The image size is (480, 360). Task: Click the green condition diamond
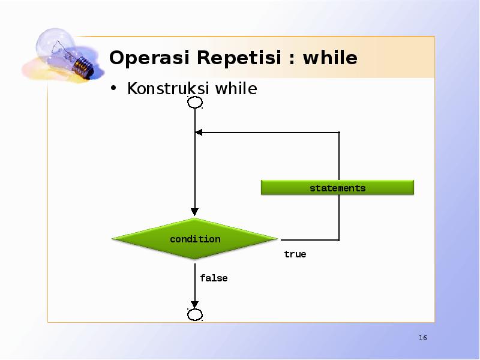(x=195, y=239)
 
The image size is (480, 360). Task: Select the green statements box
(x=337, y=188)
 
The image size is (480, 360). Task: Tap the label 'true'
(x=295, y=254)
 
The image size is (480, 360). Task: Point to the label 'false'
(x=214, y=278)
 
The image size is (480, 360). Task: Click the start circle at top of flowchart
(x=195, y=103)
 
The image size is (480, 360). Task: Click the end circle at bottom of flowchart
(x=195, y=315)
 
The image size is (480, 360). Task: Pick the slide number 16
(x=422, y=338)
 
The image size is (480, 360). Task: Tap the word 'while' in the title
(x=330, y=58)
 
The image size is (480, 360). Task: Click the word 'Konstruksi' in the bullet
(x=169, y=89)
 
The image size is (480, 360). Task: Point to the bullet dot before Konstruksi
(x=113, y=90)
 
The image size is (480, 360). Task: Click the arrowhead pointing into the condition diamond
(x=194, y=212)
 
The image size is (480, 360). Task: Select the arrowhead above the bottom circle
(x=194, y=304)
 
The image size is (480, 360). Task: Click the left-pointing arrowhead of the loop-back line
(x=199, y=132)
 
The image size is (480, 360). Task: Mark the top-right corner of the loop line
(x=339, y=132)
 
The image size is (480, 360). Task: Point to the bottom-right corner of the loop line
(x=339, y=239)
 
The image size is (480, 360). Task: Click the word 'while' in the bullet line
(x=236, y=89)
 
